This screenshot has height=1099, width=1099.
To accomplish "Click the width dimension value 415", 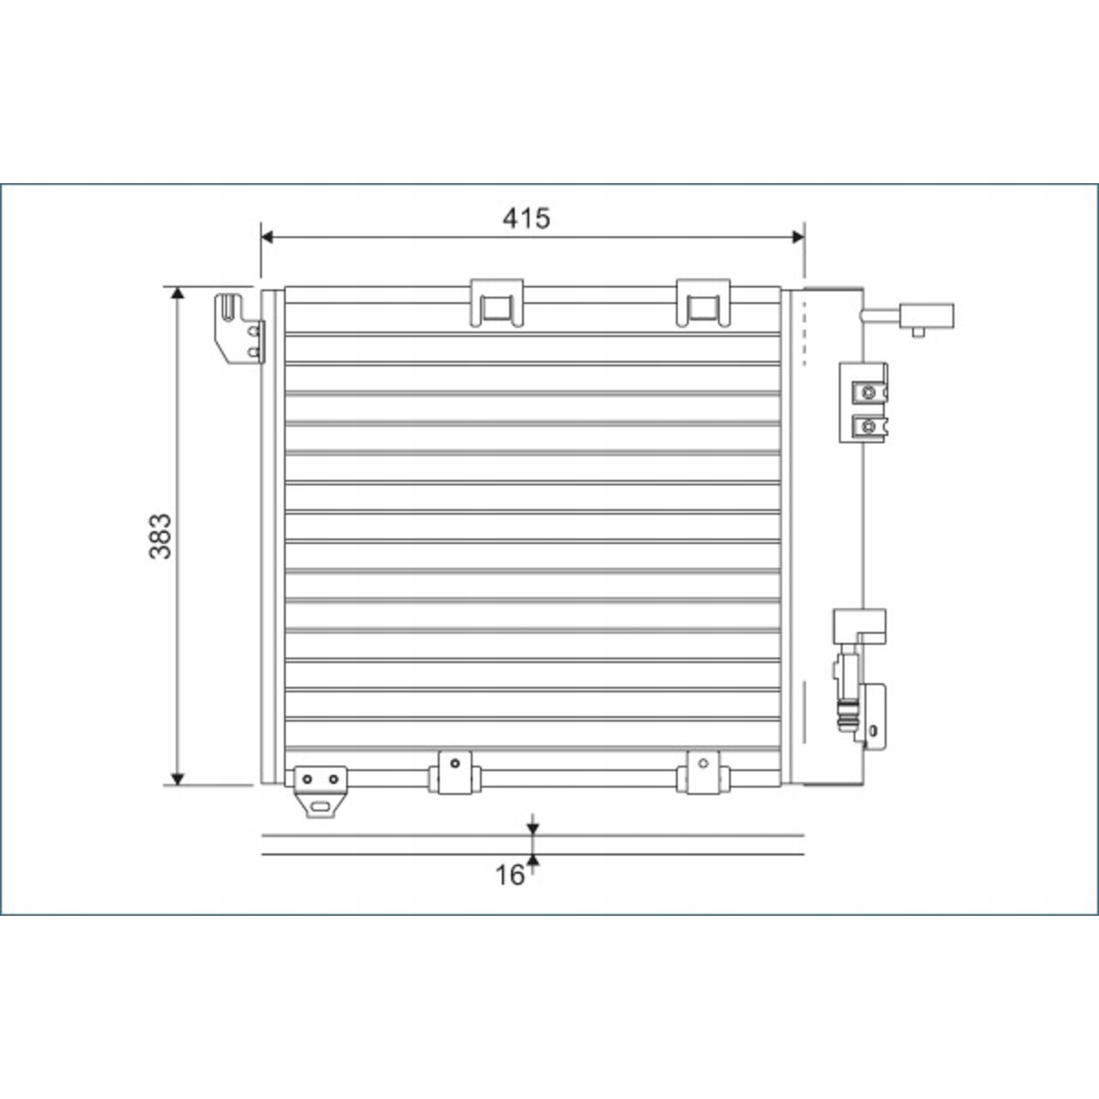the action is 526,219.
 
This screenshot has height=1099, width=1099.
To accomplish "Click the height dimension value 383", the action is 160,536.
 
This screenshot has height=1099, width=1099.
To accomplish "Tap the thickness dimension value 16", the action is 509,876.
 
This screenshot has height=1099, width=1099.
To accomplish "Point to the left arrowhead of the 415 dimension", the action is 267,237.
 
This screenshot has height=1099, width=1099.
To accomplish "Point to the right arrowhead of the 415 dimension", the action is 798,237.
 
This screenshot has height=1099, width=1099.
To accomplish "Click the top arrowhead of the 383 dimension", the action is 178,293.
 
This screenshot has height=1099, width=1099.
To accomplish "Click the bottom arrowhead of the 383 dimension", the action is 178,779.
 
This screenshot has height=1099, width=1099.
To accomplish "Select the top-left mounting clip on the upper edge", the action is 496,303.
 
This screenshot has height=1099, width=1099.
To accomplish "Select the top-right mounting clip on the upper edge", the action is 702,303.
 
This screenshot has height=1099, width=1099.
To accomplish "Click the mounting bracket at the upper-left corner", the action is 238,329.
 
